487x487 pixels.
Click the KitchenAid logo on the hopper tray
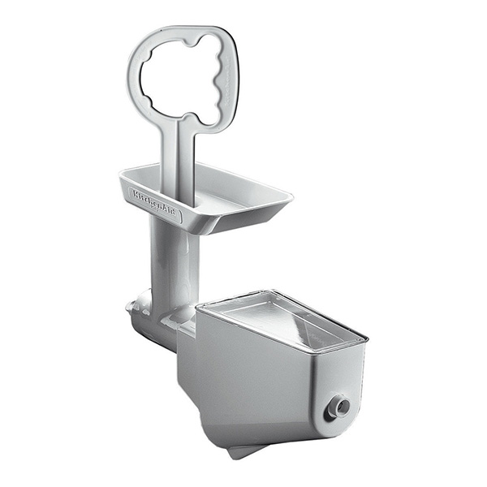click(153, 202)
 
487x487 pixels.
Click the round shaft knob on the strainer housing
click(340, 405)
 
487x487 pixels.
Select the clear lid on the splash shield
click(283, 321)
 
